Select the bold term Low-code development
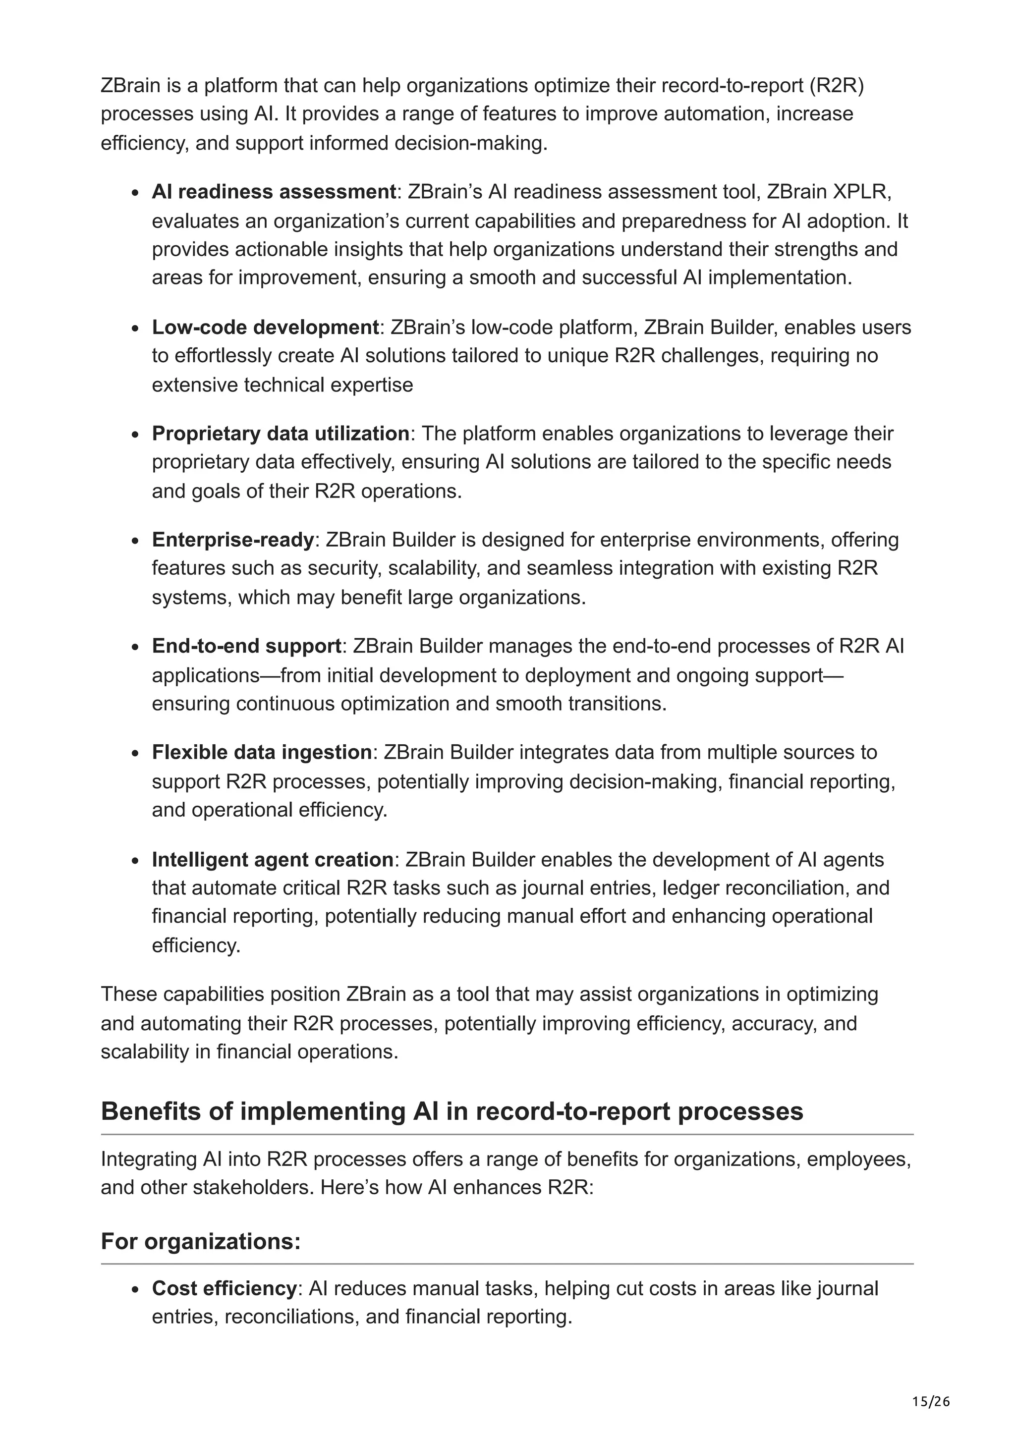[265, 327]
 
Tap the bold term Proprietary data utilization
[280, 434]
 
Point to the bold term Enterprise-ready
[232, 539]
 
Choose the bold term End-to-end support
[246, 646]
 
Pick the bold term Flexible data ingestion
[261, 752]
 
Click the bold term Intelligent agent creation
[272, 859]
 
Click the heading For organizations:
[201, 1241]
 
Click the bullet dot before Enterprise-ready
[135, 541]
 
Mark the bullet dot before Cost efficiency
[135, 1290]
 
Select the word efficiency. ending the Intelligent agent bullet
[196, 945]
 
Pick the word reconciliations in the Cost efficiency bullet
[291, 1317]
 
